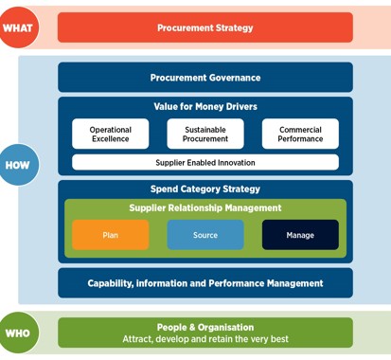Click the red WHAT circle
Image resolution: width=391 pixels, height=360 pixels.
pos(17,27)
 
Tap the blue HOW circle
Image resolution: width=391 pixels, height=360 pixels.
pos(17,164)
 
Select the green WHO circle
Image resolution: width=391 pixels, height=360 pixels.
pos(17,332)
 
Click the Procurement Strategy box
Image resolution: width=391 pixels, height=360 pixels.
pos(204,27)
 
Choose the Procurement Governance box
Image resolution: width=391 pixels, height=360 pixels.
pos(204,78)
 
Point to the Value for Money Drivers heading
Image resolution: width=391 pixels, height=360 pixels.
pos(204,107)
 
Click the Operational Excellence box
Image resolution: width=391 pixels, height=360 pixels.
pos(111,135)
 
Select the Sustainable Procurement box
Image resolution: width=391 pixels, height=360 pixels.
pos(204,135)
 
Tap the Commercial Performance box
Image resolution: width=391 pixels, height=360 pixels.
pos(299,135)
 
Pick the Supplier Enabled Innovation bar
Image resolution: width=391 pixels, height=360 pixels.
pos(204,162)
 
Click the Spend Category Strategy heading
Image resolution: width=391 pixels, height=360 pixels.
pos(204,189)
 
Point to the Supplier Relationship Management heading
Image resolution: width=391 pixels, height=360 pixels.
pos(204,208)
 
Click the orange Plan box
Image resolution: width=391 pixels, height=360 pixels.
pos(111,235)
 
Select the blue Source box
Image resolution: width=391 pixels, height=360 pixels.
pos(204,235)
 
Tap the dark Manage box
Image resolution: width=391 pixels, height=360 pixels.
pos(299,235)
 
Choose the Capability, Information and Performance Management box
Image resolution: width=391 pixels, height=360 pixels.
pos(204,282)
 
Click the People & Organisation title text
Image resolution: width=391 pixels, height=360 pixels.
pos(204,326)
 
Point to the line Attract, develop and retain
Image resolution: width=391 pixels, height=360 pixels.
pos(204,339)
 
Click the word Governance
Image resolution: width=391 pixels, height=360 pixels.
pos(232,78)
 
